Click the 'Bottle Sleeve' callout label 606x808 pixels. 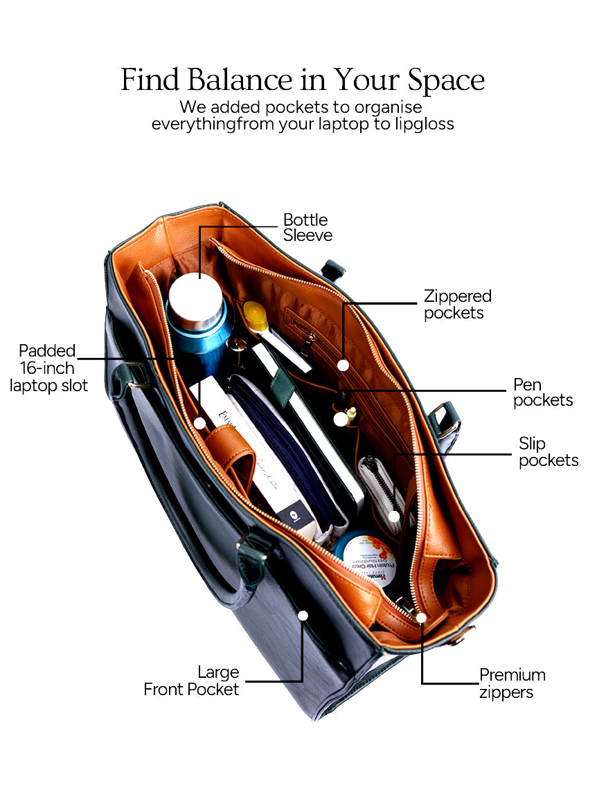coord(308,228)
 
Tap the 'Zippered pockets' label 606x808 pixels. coord(457,305)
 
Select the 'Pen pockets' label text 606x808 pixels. coord(543,393)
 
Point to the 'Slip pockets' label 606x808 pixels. coord(548,451)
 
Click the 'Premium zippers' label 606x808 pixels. coord(512,683)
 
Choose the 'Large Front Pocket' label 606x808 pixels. coord(192,681)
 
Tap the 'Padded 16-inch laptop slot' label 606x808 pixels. coord(48,368)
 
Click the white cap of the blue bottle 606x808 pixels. coord(195,296)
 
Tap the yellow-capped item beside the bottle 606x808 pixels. coord(256,316)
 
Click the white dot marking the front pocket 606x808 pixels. coord(303,615)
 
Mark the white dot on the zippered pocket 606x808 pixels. coord(342,364)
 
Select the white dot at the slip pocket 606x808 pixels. coord(394,516)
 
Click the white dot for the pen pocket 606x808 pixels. coord(339,420)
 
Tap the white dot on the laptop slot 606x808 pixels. coord(199,422)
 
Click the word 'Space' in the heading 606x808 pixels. coord(446,80)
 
